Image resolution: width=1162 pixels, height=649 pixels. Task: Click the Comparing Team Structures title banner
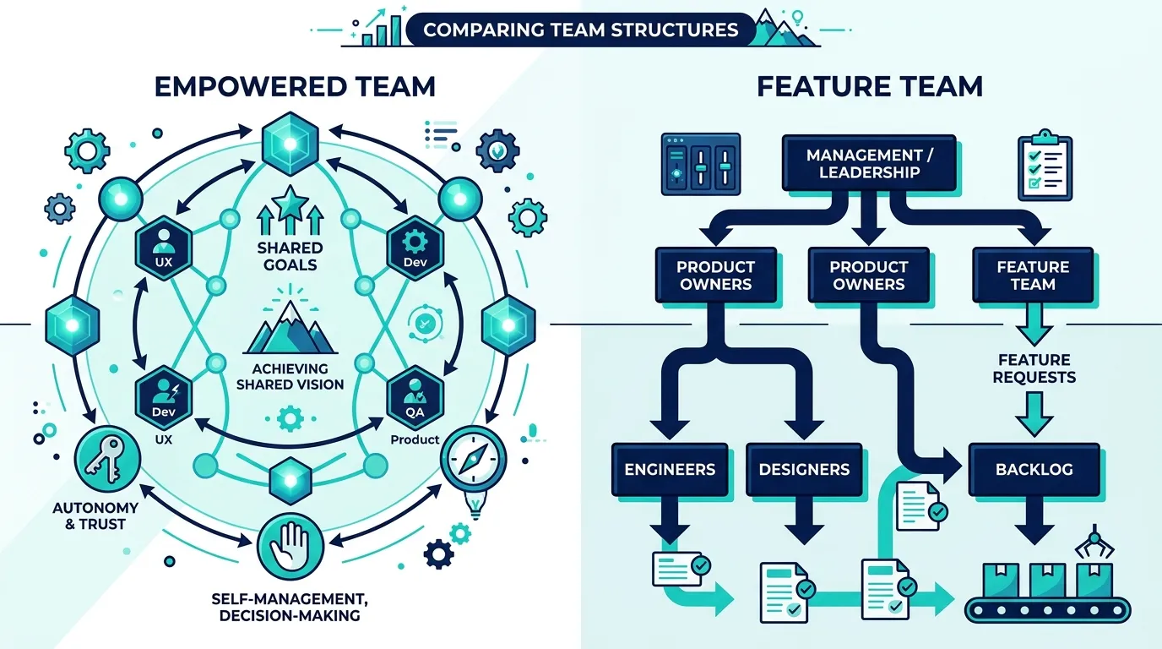580,30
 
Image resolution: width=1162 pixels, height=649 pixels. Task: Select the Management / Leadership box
869,163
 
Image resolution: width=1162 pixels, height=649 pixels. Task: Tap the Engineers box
670,469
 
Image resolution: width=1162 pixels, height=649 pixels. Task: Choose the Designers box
804,469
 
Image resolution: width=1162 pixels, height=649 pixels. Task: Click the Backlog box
1034,469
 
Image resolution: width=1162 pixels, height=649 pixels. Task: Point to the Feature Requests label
1034,368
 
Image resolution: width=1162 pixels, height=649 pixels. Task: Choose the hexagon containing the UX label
164,252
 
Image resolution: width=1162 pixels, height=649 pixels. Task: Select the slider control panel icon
701,165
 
